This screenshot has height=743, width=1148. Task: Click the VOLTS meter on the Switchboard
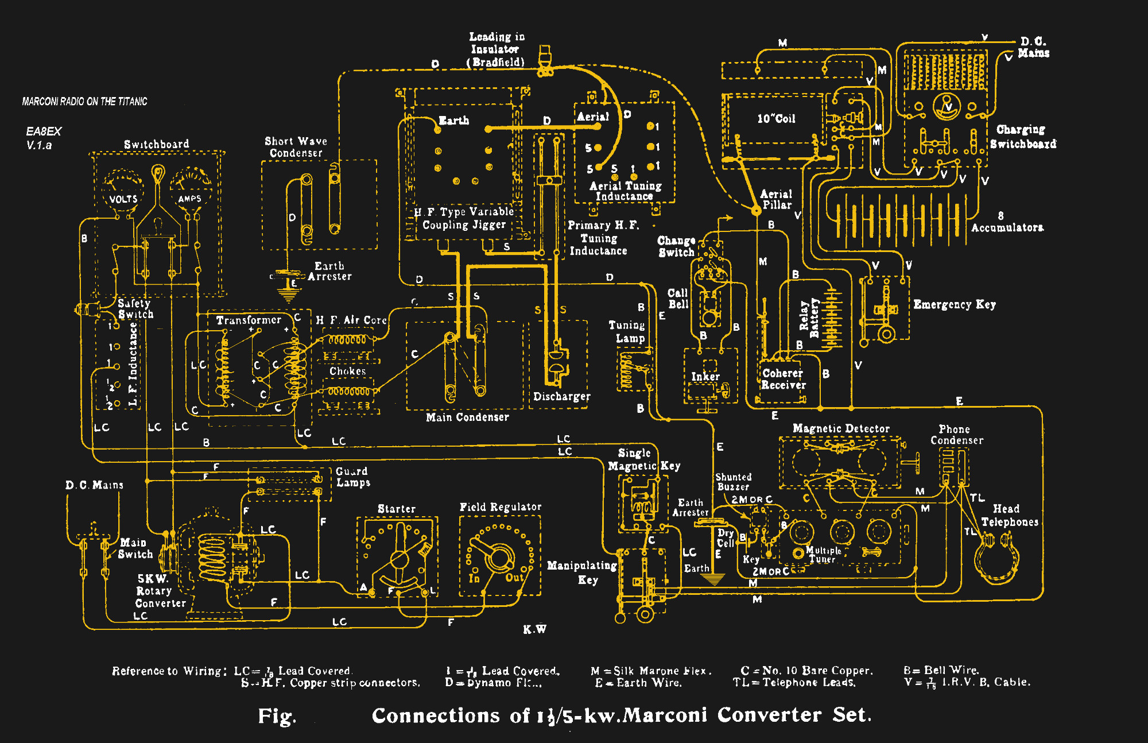(x=122, y=189)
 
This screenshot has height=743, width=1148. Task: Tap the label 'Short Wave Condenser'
(x=296, y=147)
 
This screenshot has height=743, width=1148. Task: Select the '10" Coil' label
(x=776, y=119)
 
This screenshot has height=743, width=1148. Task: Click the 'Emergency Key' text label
(x=954, y=304)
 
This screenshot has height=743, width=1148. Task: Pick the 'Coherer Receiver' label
(x=783, y=379)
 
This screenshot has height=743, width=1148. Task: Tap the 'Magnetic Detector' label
(x=841, y=428)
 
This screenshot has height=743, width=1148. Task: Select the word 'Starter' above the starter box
(x=396, y=509)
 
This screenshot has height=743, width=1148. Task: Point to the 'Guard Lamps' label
(x=352, y=477)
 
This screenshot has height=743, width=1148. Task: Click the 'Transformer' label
(x=249, y=320)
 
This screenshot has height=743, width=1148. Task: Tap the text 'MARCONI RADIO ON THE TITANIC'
(x=84, y=102)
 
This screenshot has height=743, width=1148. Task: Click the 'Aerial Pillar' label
(x=776, y=199)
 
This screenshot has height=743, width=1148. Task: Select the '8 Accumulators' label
(x=1006, y=222)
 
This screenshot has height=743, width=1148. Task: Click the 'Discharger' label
(x=561, y=396)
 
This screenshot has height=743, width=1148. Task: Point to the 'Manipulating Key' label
(x=582, y=572)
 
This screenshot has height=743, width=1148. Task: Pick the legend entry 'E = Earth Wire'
(x=638, y=683)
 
